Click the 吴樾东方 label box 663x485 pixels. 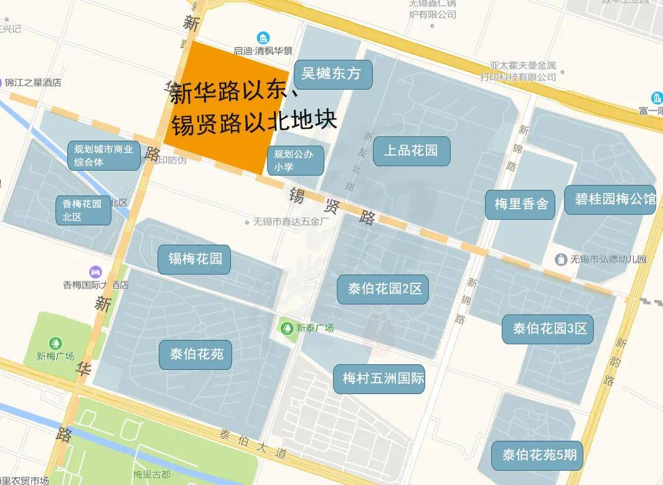pyautogui.click(x=332, y=74)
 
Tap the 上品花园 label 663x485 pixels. pyautogui.click(x=411, y=151)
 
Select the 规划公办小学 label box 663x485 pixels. pyautogui.click(x=296, y=161)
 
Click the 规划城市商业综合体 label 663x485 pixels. pyautogui.click(x=103, y=156)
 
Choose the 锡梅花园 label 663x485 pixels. pyautogui.click(x=194, y=259)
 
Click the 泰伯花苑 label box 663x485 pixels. pyautogui.click(x=195, y=355)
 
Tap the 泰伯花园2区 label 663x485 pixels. pyautogui.click(x=383, y=290)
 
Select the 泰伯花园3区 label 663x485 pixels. pyautogui.click(x=547, y=329)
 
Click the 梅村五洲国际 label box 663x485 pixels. pyautogui.click(x=383, y=379)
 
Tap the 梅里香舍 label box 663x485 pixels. pyautogui.click(x=520, y=204)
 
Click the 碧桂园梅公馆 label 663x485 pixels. pyautogui.click(x=610, y=200)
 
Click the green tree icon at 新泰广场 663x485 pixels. pyautogui.click(x=287, y=328)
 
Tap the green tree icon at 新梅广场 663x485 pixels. pyautogui.click(x=56, y=343)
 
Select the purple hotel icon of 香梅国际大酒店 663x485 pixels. pyautogui.click(x=95, y=272)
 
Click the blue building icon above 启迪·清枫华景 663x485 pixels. pyautogui.click(x=264, y=38)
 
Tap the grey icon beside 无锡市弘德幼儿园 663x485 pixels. pyautogui.click(x=561, y=258)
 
